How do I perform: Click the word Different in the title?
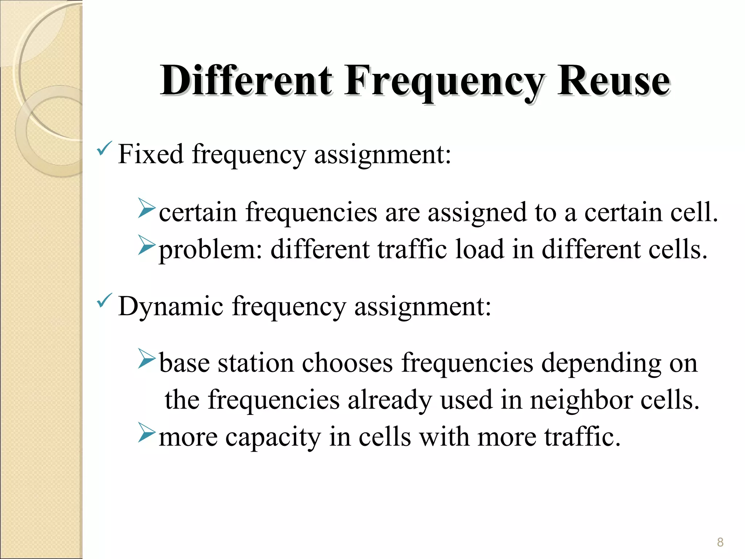(x=246, y=80)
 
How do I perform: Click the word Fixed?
(x=151, y=154)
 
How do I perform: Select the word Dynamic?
(x=171, y=307)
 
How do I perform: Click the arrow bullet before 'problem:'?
(x=147, y=245)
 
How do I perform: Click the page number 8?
(x=720, y=542)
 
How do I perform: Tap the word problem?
(x=211, y=250)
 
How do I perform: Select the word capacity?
(x=273, y=438)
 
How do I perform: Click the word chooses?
(x=347, y=363)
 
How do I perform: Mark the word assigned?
(x=477, y=213)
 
